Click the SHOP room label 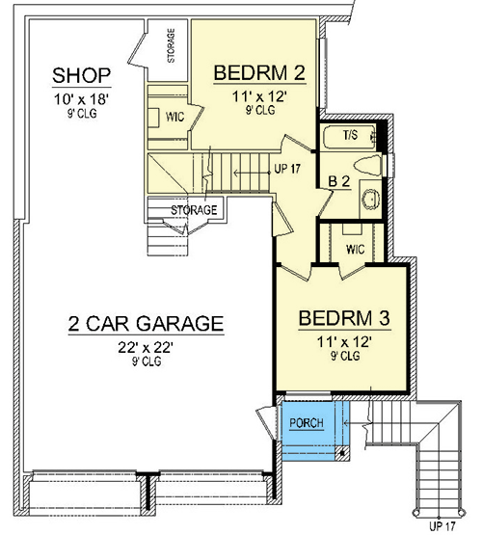coord(82,75)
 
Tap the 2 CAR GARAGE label coord(146,323)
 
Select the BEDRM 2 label coord(259,72)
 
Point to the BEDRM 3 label coord(344,318)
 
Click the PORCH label coord(307,423)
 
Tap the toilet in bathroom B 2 coord(367,165)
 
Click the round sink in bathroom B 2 coord(371,199)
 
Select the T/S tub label coord(350,135)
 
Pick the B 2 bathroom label coord(339,181)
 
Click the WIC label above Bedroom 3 coord(355,250)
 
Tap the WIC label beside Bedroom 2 coord(174,117)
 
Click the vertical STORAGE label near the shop coord(171,45)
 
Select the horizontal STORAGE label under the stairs coord(194,210)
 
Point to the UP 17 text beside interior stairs coord(287,169)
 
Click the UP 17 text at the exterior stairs coord(442,525)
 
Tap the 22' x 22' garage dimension coord(146,348)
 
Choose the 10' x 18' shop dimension coord(82,99)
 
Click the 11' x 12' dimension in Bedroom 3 coord(344,341)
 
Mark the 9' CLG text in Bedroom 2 coord(260,110)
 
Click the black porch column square coord(342,453)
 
